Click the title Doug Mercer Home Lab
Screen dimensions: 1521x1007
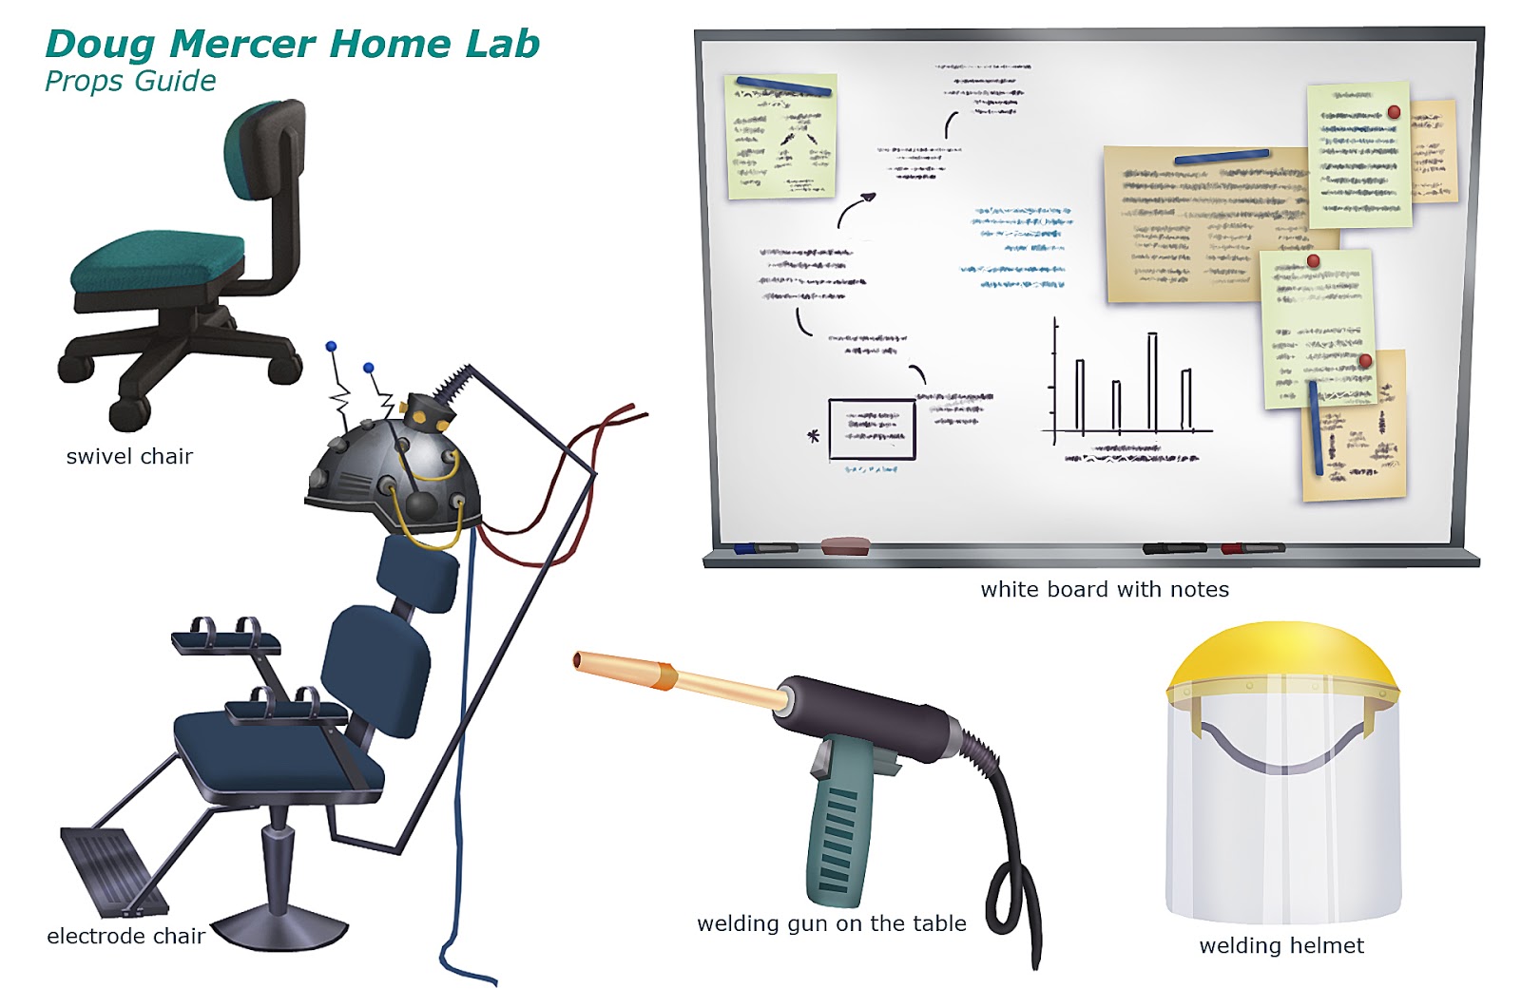[292, 45]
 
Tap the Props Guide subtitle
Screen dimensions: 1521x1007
[130, 82]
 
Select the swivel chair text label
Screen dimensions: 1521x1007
[129, 457]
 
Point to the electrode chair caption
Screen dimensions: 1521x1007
[125, 937]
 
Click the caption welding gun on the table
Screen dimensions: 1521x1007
[831, 923]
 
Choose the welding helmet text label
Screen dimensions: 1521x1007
[1280, 946]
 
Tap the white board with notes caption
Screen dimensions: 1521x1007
[1105, 590]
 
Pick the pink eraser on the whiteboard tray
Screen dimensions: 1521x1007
[845, 545]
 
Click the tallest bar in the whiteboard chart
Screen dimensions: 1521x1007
[1152, 381]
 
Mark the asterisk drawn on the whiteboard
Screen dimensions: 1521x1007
[813, 436]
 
